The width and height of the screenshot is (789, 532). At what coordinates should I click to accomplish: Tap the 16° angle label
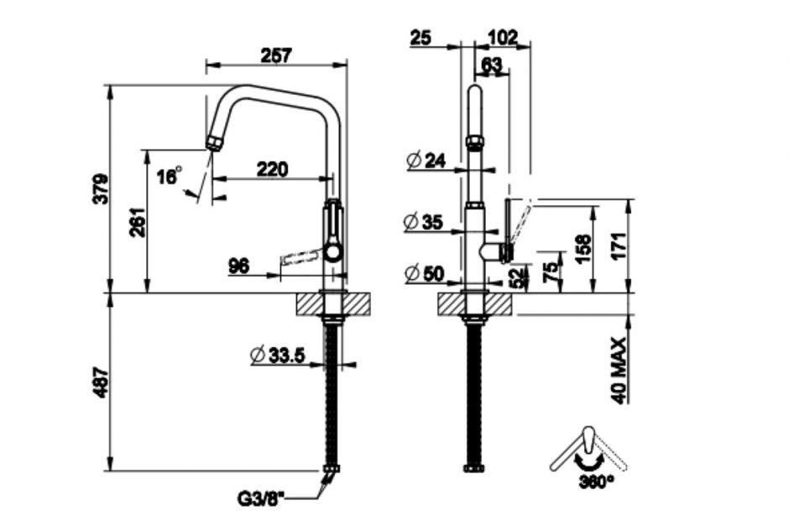[x=169, y=176]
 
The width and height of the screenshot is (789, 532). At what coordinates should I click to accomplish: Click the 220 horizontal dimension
[x=271, y=169]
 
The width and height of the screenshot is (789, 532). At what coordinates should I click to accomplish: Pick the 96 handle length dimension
[x=239, y=266]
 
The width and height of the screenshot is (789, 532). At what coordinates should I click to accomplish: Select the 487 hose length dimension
[x=100, y=382]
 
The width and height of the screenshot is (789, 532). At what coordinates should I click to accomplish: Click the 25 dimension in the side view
[x=421, y=37]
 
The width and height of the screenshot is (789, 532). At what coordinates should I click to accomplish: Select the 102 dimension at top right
[x=502, y=37]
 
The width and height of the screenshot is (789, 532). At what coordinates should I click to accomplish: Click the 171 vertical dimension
[x=620, y=245]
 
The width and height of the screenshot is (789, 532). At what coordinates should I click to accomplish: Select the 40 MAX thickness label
[x=620, y=371]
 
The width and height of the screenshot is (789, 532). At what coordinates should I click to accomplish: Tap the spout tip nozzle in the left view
[x=213, y=140]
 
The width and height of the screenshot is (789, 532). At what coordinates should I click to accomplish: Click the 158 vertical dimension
[x=583, y=249]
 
